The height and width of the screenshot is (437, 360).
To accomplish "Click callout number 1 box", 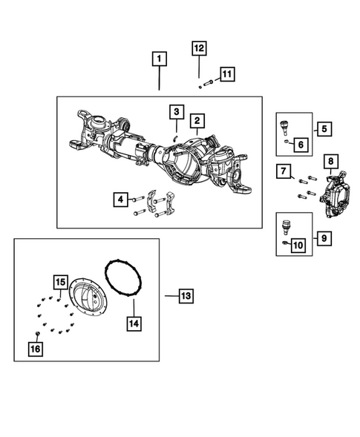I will click(160, 57).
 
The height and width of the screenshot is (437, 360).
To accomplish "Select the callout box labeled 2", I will click(196, 120).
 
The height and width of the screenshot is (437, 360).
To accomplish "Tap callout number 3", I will click(175, 112).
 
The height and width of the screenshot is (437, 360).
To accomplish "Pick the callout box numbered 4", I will click(120, 199).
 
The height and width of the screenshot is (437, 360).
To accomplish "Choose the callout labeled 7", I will click(284, 172).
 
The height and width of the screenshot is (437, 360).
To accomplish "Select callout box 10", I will click(298, 245).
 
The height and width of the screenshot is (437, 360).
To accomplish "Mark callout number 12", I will click(199, 49).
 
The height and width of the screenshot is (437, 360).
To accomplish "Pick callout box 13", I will click(185, 296).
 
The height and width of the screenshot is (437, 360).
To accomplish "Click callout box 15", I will click(59, 282).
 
